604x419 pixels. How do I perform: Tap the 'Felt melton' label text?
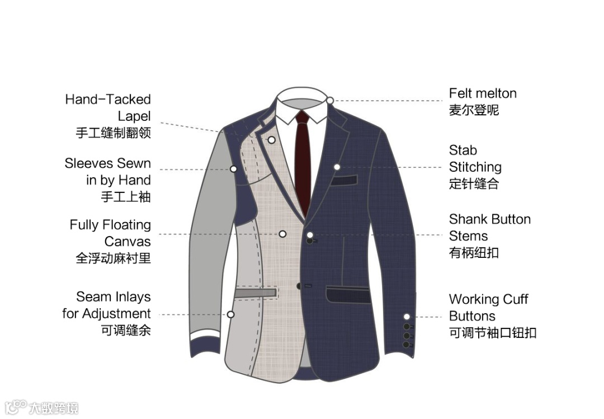[x=482, y=93]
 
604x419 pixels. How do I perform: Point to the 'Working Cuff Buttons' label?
[x=488, y=308]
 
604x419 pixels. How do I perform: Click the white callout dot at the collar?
[x=331, y=101]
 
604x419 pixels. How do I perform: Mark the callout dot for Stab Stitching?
[x=337, y=167]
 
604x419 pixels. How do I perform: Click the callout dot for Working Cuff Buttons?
[x=407, y=317]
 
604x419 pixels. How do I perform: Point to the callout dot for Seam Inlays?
[x=230, y=314]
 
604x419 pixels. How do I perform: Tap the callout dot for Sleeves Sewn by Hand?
[x=234, y=168]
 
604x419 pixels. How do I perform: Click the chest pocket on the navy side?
[x=344, y=181]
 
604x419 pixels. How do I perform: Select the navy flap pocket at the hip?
[x=348, y=294]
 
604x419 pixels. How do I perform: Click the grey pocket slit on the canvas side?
[x=256, y=293]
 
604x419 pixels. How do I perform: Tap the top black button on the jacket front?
[x=309, y=241]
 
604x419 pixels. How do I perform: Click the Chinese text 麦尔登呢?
[x=474, y=110]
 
